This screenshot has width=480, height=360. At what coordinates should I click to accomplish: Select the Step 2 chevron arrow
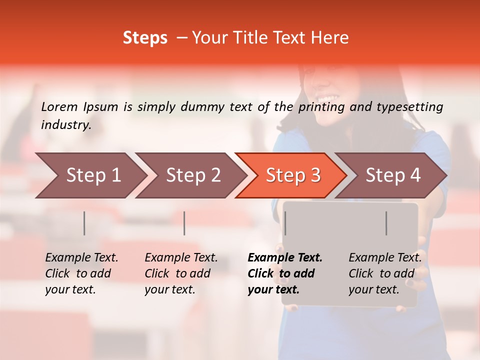point(190,175)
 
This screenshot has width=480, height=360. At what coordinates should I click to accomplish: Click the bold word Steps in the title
point(145,38)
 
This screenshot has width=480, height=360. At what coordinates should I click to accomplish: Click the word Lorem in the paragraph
point(59,106)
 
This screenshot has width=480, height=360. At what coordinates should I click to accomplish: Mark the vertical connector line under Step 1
point(84,223)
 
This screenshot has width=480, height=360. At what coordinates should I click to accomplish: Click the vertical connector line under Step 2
point(184,223)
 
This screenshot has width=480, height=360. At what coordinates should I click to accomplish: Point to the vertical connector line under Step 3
point(285,223)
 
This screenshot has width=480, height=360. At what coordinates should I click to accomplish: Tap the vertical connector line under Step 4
point(386,223)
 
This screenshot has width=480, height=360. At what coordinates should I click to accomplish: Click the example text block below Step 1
point(81,273)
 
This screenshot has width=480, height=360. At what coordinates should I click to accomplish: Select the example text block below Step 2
point(181,273)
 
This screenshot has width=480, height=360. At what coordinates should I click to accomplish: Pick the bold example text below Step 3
point(284,273)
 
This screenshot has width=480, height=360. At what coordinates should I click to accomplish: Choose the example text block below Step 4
point(385,273)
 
